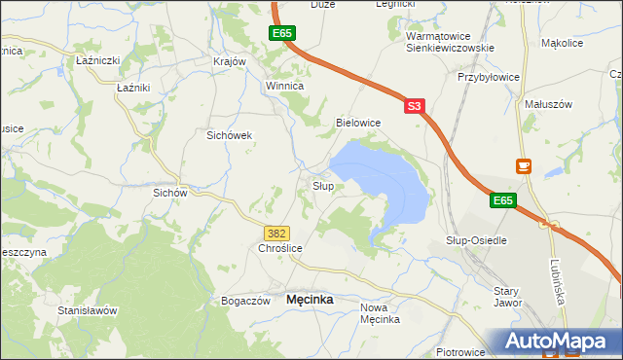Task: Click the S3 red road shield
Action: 414,106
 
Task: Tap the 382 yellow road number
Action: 276,234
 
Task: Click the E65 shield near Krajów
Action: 281,34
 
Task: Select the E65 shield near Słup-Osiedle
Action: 501,200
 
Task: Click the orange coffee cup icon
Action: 524,166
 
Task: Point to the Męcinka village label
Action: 310,300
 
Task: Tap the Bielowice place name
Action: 357,123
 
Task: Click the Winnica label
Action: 285,86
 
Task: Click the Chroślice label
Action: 280,249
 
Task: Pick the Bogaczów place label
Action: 245,301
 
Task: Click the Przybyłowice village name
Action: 488,77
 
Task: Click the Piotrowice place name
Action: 461,350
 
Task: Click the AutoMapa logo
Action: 558,342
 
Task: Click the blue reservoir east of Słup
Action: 389,180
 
